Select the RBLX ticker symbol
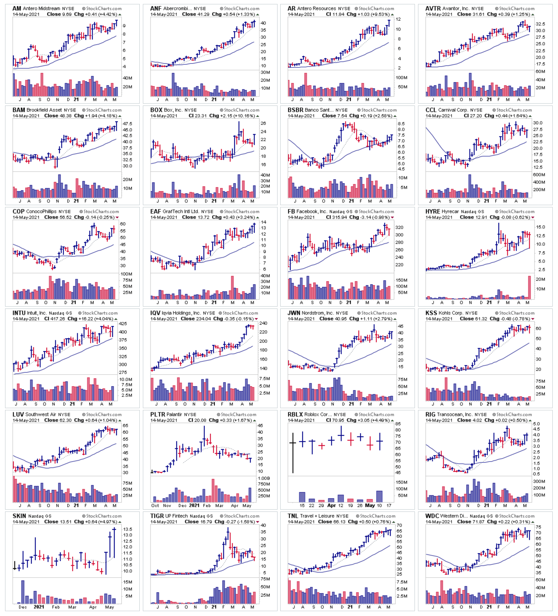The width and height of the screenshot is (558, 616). (x=295, y=415)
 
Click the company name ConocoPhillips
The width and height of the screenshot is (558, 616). (x=41, y=211)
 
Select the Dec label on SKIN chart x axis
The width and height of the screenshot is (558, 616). (x=23, y=607)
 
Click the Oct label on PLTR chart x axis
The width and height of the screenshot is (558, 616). (x=155, y=506)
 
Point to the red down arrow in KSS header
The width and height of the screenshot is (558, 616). (x=533, y=319)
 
